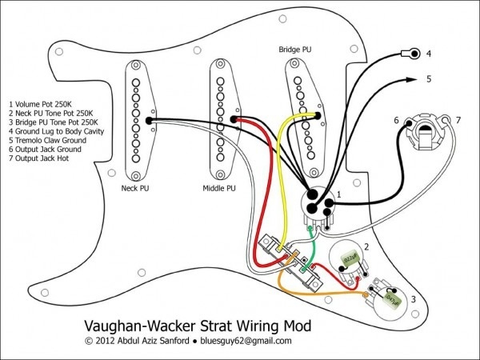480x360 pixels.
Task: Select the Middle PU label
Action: point(218,189)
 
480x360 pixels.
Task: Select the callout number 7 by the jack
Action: point(458,120)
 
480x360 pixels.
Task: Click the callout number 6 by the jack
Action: point(396,120)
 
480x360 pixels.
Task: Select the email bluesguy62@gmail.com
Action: point(247,341)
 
